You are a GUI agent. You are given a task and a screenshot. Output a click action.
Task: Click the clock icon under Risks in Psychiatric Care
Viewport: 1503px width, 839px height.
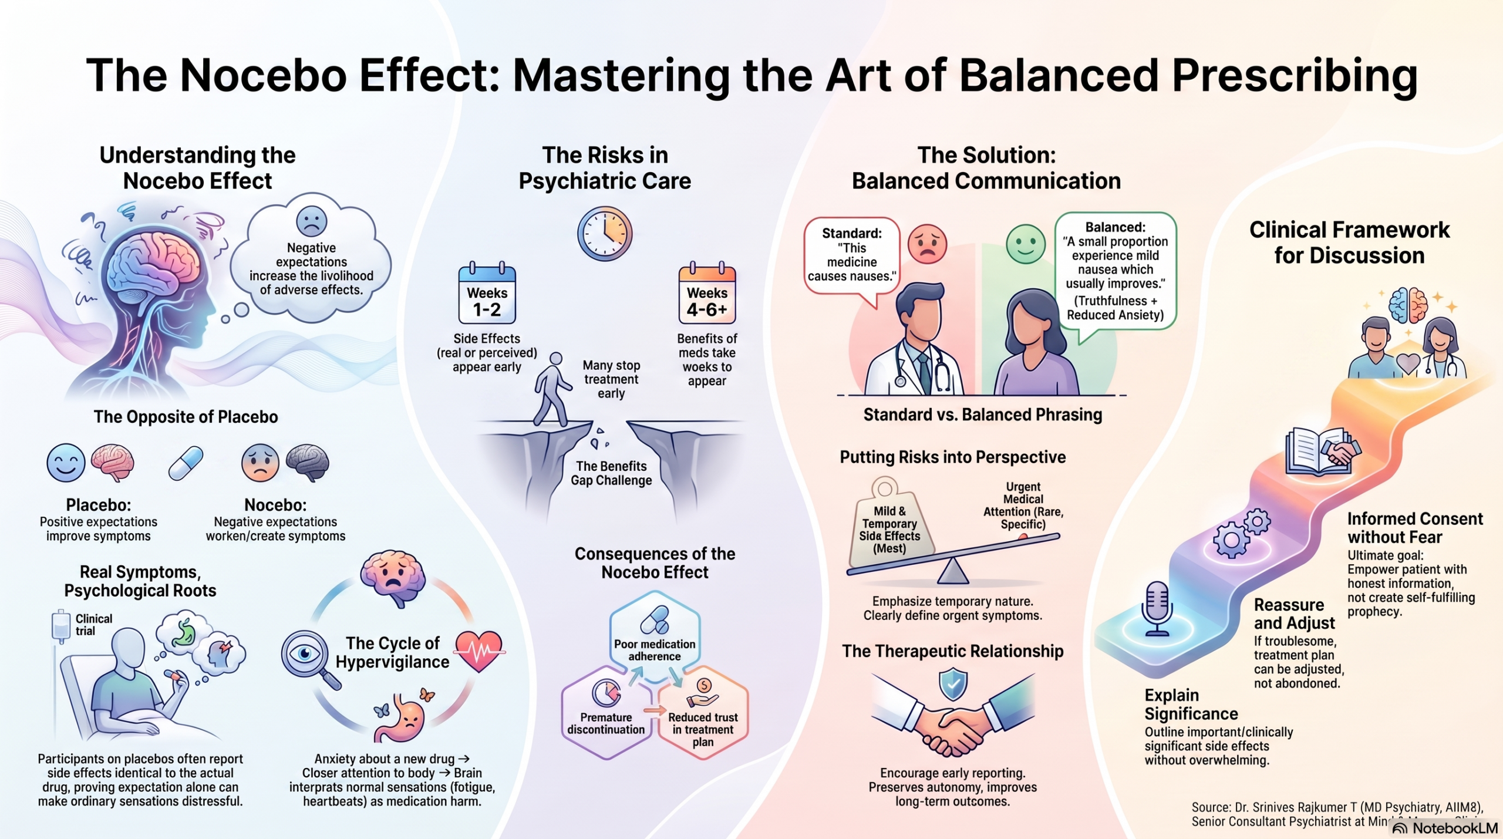tap(605, 233)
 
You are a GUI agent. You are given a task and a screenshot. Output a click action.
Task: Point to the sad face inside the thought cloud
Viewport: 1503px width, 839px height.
tap(312, 222)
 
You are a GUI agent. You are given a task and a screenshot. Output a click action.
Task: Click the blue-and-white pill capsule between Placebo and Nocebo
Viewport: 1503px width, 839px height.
tap(186, 463)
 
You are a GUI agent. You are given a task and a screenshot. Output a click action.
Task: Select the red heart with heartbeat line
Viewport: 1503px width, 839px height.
tap(480, 651)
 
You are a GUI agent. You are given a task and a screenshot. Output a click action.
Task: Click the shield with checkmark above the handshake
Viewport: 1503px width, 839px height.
tap(953, 683)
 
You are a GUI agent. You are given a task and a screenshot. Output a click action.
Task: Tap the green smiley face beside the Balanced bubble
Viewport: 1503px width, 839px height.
tap(1026, 244)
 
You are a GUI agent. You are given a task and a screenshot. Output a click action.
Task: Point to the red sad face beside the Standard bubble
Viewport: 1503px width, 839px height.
tap(927, 244)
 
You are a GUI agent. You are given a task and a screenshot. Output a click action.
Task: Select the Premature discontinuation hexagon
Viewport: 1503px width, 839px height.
tap(606, 712)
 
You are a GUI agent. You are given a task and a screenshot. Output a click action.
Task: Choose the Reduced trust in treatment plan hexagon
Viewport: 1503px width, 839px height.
tap(703, 712)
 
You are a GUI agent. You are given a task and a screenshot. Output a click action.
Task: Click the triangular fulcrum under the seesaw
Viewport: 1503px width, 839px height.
tap(952, 571)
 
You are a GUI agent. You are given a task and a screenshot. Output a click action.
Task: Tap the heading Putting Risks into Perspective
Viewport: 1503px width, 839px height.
tap(952, 457)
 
